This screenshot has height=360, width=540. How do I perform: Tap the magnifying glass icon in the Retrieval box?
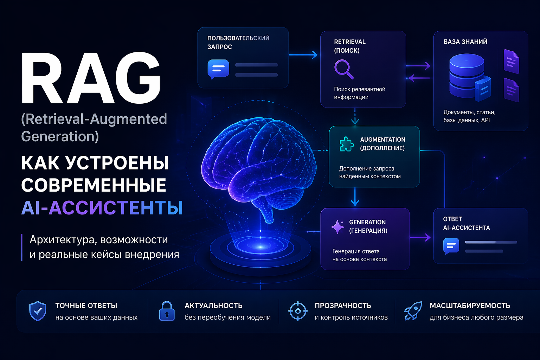(344, 70)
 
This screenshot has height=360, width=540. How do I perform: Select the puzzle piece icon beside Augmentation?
(347, 144)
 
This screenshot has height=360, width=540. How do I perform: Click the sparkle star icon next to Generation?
(337, 227)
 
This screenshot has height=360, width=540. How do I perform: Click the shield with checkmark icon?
(38, 311)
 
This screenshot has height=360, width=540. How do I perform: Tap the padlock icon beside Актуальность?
(167, 311)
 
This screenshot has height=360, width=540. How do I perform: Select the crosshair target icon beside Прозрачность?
(298, 311)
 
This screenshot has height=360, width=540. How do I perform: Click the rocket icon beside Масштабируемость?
(413, 311)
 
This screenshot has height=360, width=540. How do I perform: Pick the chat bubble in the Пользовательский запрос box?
(218, 69)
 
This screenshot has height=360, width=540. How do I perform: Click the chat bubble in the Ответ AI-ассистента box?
(451, 246)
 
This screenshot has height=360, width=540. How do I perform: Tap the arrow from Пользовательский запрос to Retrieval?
(303, 55)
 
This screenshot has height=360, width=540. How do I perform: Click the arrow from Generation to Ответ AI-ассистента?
(420, 237)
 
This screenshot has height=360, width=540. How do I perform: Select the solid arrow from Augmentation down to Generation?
(355, 197)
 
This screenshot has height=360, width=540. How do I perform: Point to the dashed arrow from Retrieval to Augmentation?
(355, 116)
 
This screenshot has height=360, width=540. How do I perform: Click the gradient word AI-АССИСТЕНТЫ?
(102, 208)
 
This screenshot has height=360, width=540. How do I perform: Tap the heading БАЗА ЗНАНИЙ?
(465, 42)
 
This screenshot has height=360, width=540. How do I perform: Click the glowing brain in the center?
(258, 166)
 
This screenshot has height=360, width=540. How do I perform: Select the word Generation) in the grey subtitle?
(60, 136)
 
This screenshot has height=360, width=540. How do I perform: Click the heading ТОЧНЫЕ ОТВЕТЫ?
(86, 306)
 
